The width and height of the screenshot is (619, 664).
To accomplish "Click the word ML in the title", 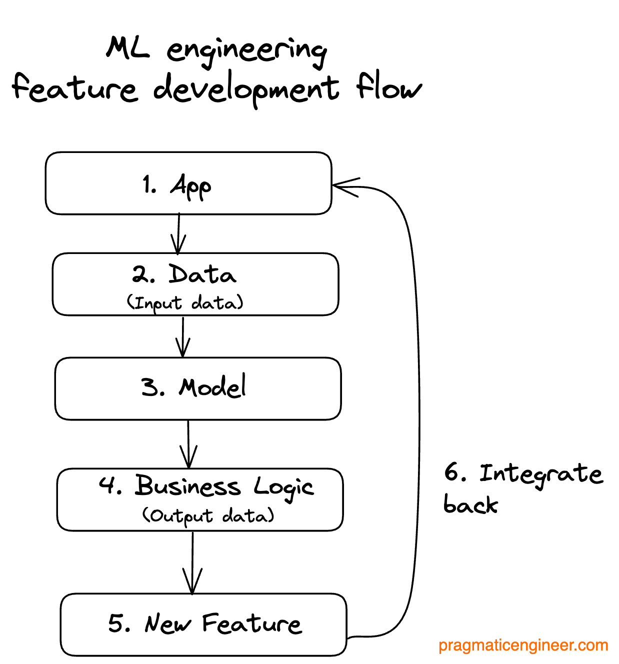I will tap(128, 48).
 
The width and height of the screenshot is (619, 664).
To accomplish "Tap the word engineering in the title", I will tap(246, 51).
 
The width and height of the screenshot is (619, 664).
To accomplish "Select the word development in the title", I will tap(246, 89).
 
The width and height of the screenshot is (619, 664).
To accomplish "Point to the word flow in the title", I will tap(388, 87).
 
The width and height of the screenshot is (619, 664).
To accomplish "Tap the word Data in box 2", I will tap(202, 274).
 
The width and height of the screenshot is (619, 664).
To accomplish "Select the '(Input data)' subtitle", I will tap(185, 302).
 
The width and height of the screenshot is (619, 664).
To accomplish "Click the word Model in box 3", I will tap(212, 387).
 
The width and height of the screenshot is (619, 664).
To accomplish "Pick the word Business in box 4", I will tap(187, 486).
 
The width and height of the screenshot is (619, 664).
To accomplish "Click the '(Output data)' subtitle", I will tap(208, 515).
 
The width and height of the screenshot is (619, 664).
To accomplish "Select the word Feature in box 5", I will tap(251, 623).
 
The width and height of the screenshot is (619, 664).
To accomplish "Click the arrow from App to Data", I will tap(178, 234).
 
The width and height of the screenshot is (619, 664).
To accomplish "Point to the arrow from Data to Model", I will tap(183, 337).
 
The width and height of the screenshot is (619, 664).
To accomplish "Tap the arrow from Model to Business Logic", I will tap(188, 444).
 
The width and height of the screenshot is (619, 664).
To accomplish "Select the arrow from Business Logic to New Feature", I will tap(192, 562).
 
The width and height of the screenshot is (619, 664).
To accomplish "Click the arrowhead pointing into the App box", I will tap(344, 187).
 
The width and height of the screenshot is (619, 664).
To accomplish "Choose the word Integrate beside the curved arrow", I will tap(541, 473).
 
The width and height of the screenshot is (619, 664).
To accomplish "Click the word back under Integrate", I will tap(470, 504).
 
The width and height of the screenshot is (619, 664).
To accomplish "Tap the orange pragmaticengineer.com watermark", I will tap(523, 645).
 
